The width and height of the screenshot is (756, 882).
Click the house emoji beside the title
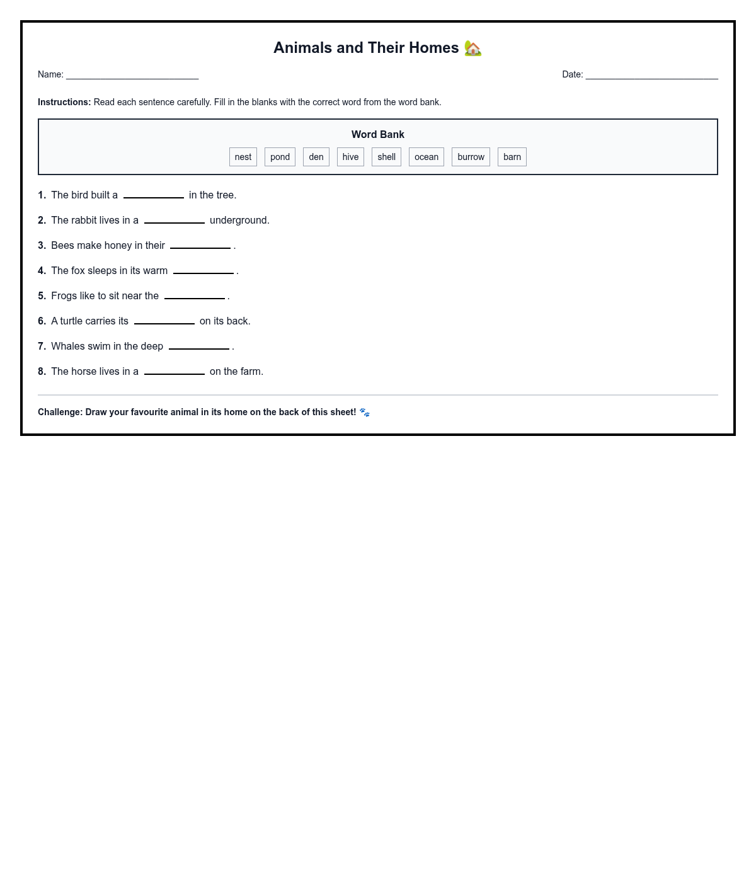473,49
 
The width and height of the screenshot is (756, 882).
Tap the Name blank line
132,76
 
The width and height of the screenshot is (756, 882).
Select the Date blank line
651,76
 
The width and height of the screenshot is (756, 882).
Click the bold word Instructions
64,102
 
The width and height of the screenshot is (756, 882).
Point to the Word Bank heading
378,134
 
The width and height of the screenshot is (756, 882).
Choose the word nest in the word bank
243,157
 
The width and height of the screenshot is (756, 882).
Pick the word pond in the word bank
280,157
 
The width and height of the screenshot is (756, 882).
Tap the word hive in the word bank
350,157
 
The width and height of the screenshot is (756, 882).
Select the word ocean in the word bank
427,157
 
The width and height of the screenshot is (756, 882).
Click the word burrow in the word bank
471,157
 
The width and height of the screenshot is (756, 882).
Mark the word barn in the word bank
512,157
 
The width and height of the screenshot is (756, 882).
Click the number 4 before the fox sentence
42,271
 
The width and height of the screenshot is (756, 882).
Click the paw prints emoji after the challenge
365,413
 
